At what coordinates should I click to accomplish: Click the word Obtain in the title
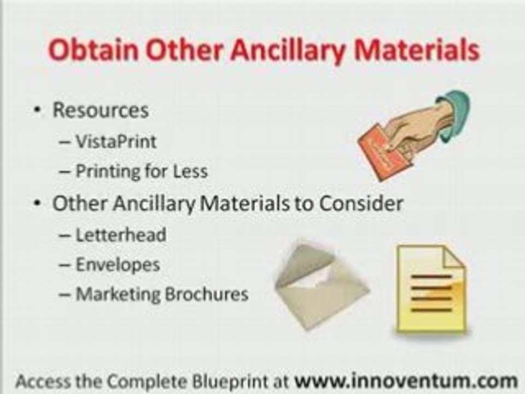pyautogui.click(x=94, y=50)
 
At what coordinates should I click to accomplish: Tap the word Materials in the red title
pyautogui.click(x=417, y=50)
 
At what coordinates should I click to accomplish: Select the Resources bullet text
pyautogui.click(x=101, y=110)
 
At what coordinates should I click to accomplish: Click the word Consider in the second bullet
pyautogui.click(x=361, y=203)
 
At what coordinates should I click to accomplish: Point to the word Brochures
pyautogui.click(x=207, y=294)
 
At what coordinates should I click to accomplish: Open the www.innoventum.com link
pyautogui.click(x=406, y=381)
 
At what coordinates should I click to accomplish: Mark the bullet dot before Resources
pyautogui.click(x=38, y=110)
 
